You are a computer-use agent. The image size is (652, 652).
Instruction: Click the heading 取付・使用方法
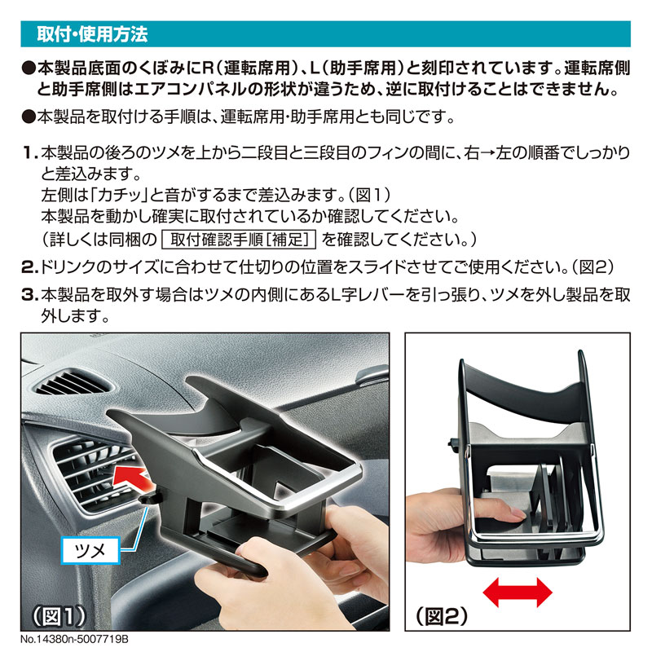92,37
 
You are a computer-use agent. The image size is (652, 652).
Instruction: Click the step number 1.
29,153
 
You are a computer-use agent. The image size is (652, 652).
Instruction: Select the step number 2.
29,267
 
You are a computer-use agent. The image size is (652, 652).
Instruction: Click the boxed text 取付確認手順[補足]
239,240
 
